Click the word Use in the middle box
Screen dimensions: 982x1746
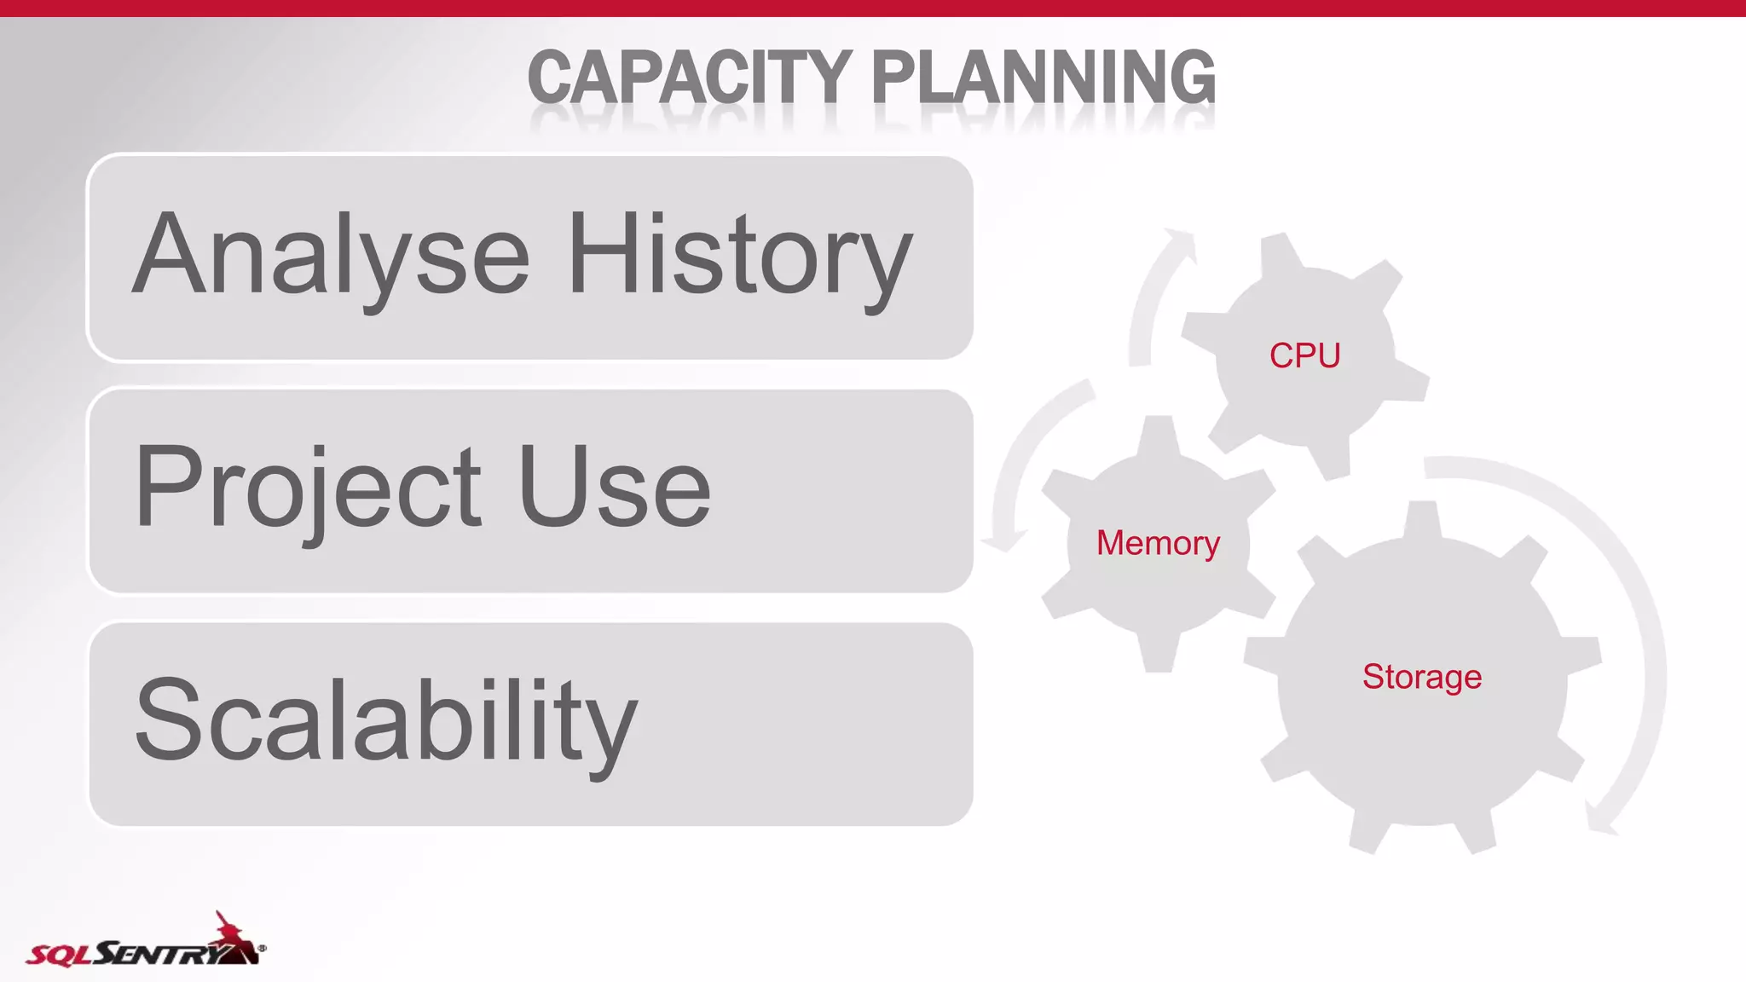click(x=614, y=488)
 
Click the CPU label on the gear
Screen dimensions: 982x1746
click(x=1304, y=355)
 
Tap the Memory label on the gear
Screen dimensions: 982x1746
click(x=1158, y=543)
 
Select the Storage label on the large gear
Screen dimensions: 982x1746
click(x=1421, y=677)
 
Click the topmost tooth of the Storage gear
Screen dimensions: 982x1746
click(x=1422, y=520)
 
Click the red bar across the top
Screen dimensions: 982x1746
click(x=873, y=8)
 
